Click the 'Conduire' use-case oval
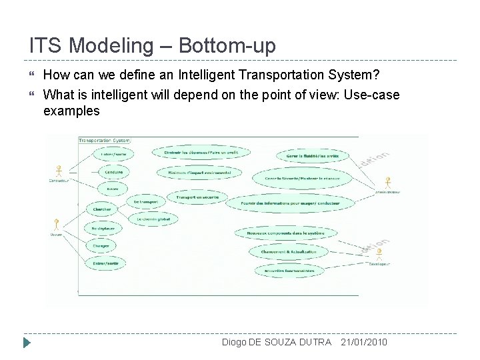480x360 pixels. tap(114, 171)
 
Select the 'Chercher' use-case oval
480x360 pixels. tap(102, 210)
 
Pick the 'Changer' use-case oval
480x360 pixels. tap(102, 246)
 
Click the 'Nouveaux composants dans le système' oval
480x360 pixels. tap(285, 233)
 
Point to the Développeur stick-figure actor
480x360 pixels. tap(379, 255)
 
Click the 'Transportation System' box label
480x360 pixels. tap(105, 140)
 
